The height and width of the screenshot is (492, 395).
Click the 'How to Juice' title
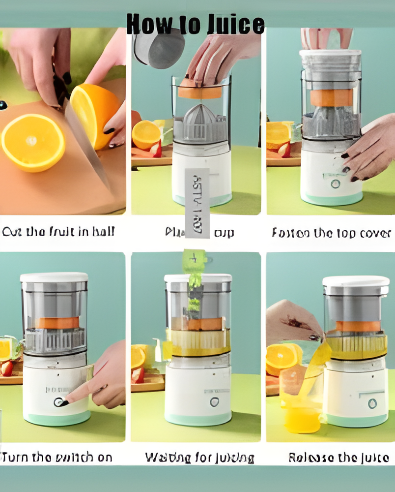[x=196, y=24]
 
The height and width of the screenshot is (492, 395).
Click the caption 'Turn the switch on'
[x=57, y=458]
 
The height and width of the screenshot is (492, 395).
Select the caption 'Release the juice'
[x=339, y=458]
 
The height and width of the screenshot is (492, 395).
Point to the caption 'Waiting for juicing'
[x=199, y=458]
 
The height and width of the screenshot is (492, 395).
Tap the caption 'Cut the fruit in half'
[x=58, y=232]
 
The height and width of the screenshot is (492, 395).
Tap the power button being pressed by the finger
[x=60, y=402]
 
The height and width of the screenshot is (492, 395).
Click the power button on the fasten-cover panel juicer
[x=335, y=184]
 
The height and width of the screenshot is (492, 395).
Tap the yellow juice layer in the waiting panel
[x=199, y=342]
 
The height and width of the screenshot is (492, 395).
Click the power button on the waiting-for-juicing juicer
[x=215, y=401]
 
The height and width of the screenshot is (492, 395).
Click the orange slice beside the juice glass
[x=282, y=355]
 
